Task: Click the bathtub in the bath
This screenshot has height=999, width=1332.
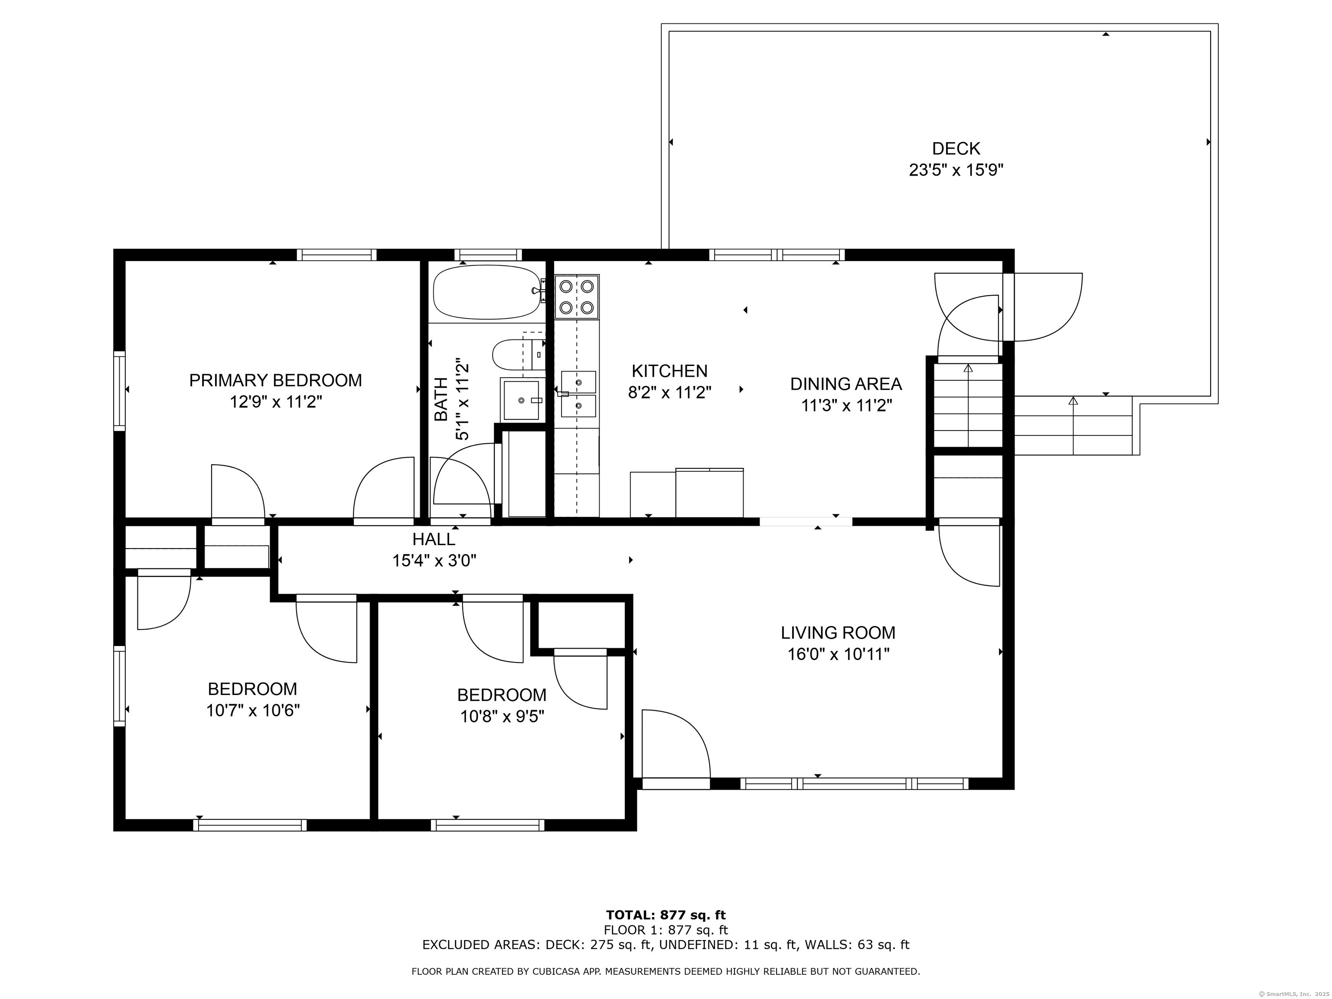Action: pos(487,292)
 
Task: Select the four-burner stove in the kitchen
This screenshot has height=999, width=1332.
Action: pos(577,297)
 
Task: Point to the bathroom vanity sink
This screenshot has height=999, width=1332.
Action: pos(522,400)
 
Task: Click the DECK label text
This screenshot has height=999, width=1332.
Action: pos(956,148)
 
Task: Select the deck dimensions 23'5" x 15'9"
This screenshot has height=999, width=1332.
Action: pos(956,170)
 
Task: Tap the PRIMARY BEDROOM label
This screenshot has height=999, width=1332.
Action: pos(276,381)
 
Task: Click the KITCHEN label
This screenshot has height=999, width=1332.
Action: pos(669,371)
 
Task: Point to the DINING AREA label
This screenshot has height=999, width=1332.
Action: pos(846,384)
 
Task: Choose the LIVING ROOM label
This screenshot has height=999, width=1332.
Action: pos(838,633)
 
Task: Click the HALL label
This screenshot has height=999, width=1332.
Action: pos(434,539)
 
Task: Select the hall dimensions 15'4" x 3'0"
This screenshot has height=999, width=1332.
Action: pos(434,561)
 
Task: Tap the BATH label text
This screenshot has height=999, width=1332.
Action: pos(441,399)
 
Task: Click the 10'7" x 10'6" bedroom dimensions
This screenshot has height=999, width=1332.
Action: pos(253,711)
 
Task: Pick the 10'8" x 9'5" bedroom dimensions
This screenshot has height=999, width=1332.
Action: pos(502,717)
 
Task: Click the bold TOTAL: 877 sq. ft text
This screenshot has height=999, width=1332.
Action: pos(666,916)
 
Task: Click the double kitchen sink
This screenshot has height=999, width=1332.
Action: pos(578,394)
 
